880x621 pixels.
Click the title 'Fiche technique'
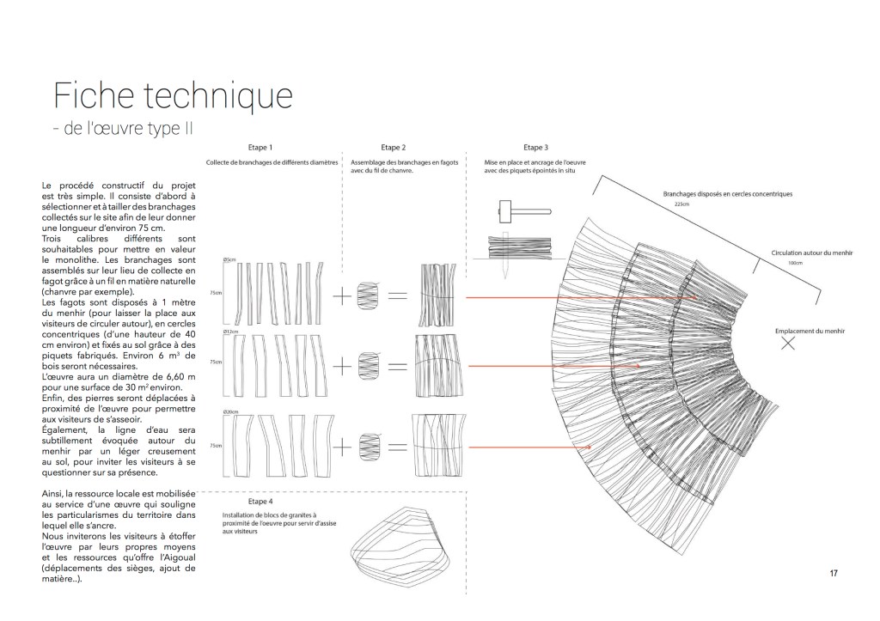tap(173, 94)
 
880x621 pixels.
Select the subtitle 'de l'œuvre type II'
tap(124, 130)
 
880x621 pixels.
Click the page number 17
tap(833, 574)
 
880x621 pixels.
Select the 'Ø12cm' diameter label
tap(230, 332)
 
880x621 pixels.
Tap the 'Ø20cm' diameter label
tap(230, 411)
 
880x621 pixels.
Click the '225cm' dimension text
tap(683, 205)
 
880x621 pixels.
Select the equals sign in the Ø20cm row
tap(397, 447)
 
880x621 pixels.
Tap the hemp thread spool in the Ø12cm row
tap(368, 365)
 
